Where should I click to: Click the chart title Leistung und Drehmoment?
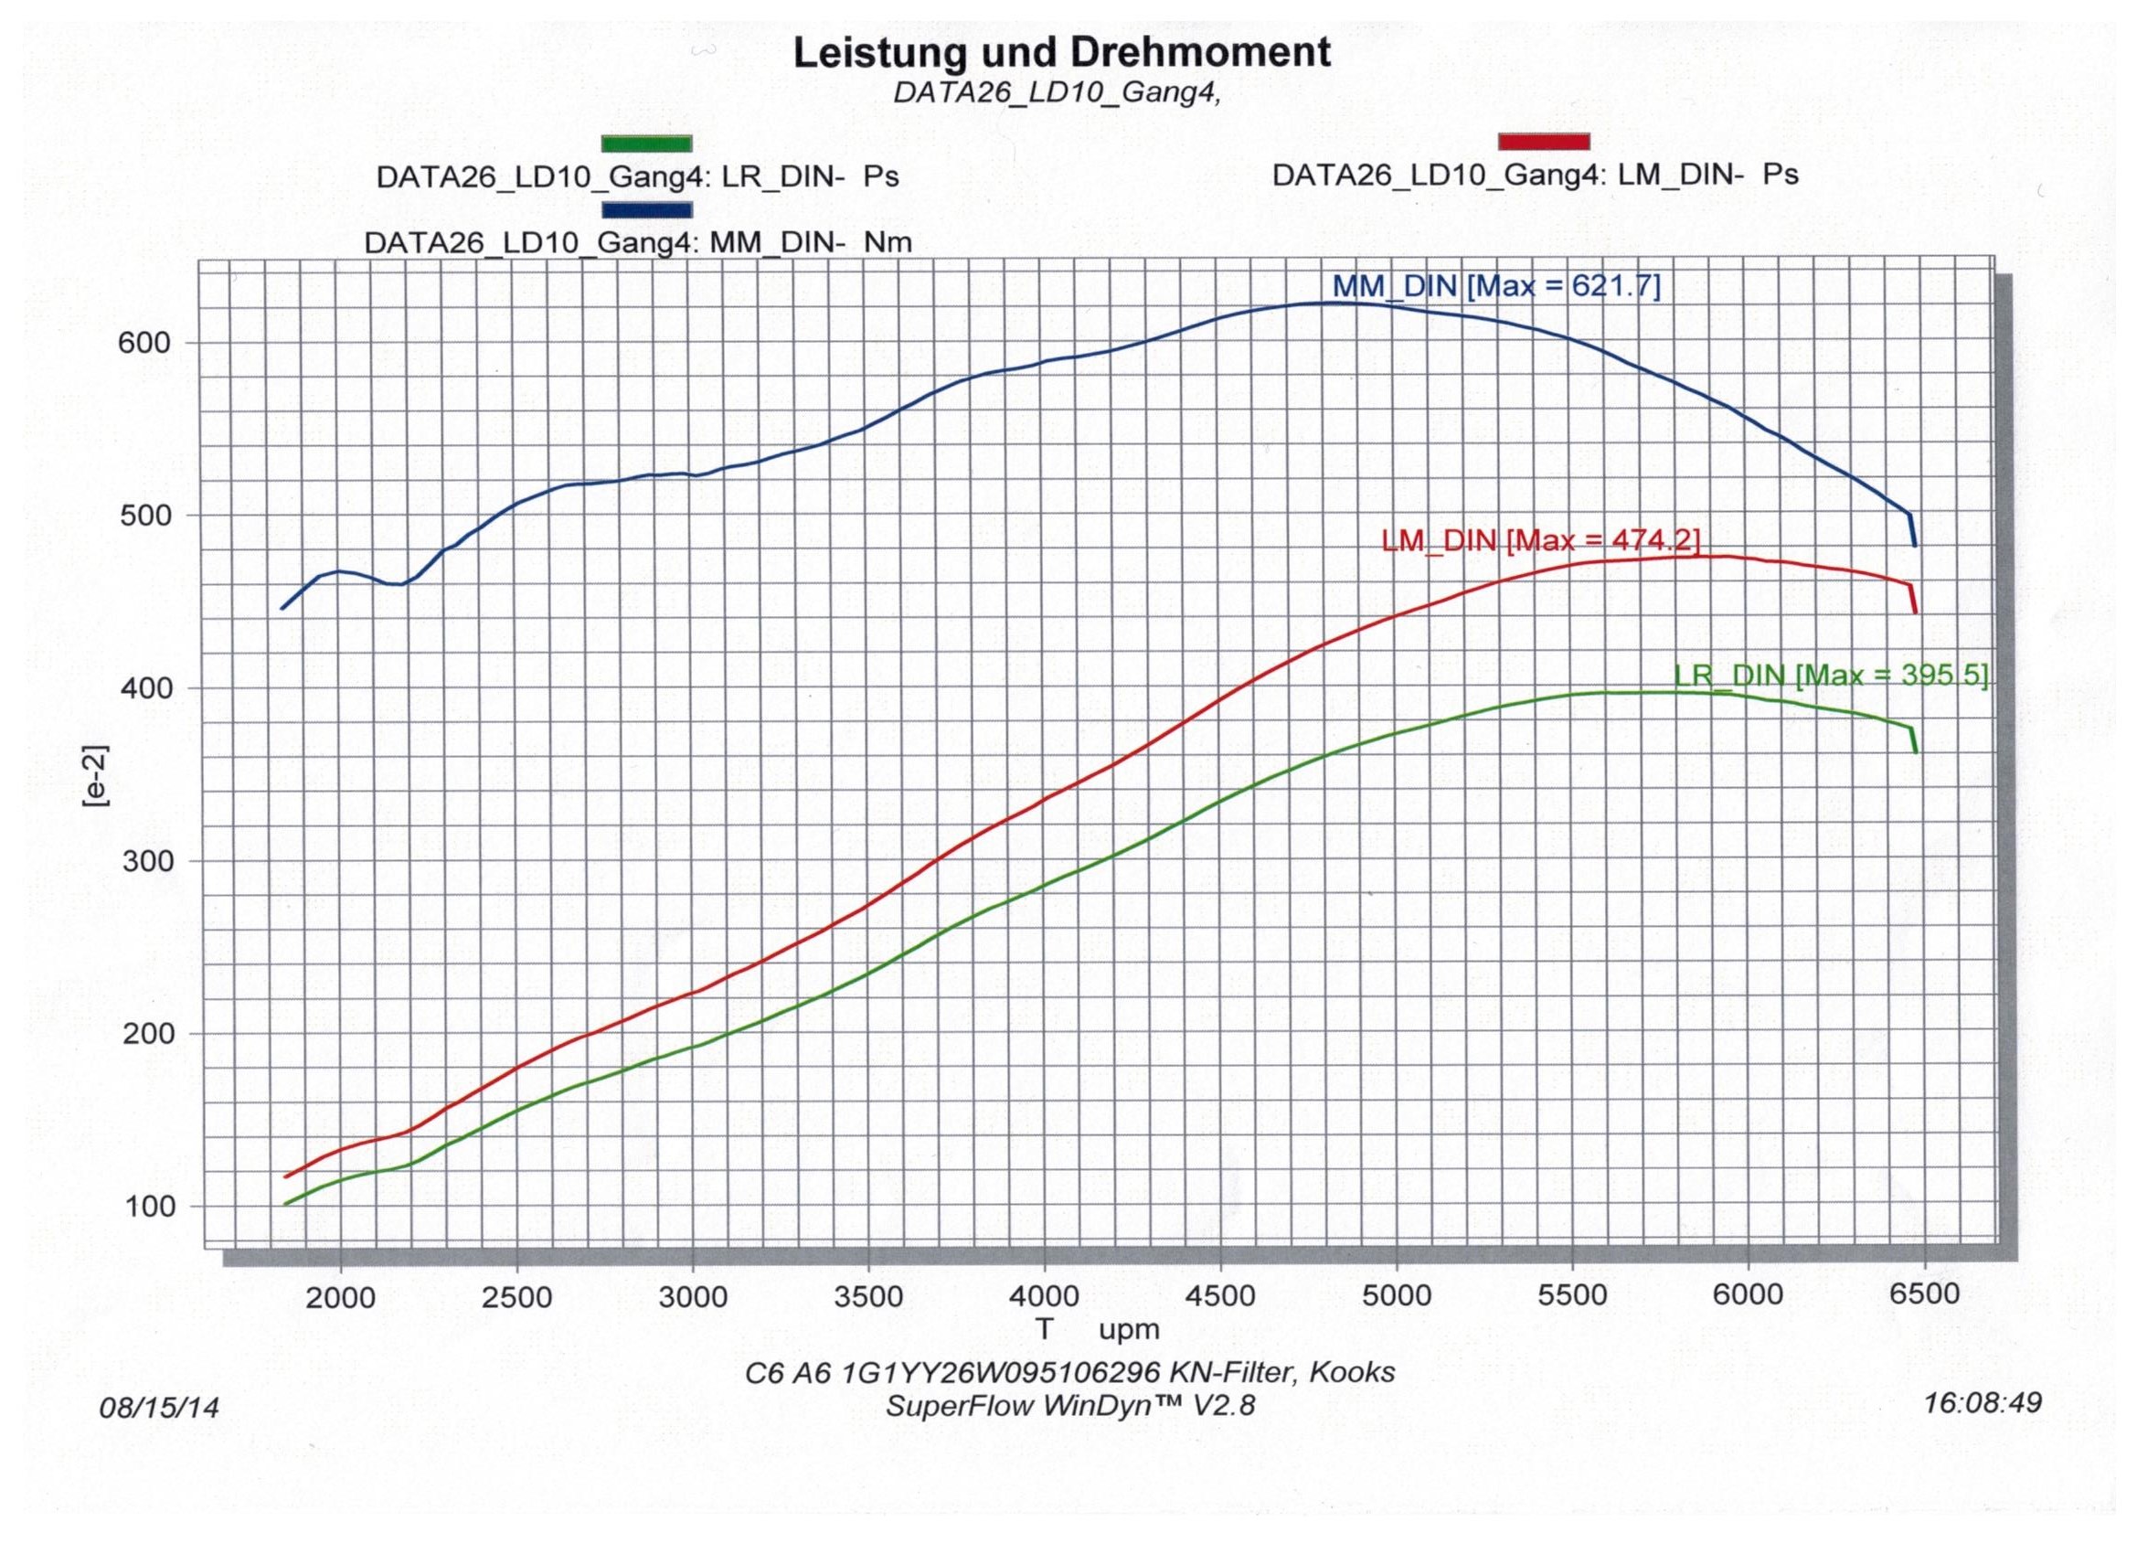pyautogui.click(x=1062, y=53)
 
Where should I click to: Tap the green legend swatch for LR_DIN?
pyautogui.click(x=647, y=144)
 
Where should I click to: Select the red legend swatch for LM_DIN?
pyautogui.click(x=1544, y=142)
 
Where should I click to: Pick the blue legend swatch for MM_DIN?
pyautogui.click(x=647, y=209)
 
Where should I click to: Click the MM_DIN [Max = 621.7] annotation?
pyautogui.click(x=1495, y=286)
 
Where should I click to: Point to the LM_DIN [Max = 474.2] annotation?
pyautogui.click(x=1539, y=541)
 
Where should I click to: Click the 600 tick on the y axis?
pyautogui.click(x=148, y=342)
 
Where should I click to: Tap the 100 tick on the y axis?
pyautogui.click(x=148, y=1207)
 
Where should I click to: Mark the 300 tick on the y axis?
pyautogui.click(x=148, y=861)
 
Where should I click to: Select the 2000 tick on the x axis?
pyautogui.click(x=340, y=1298)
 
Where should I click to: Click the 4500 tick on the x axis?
pyautogui.click(x=1220, y=1298)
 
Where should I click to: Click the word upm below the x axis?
pyautogui.click(x=1129, y=1331)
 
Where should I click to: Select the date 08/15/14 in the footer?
pyautogui.click(x=159, y=1408)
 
